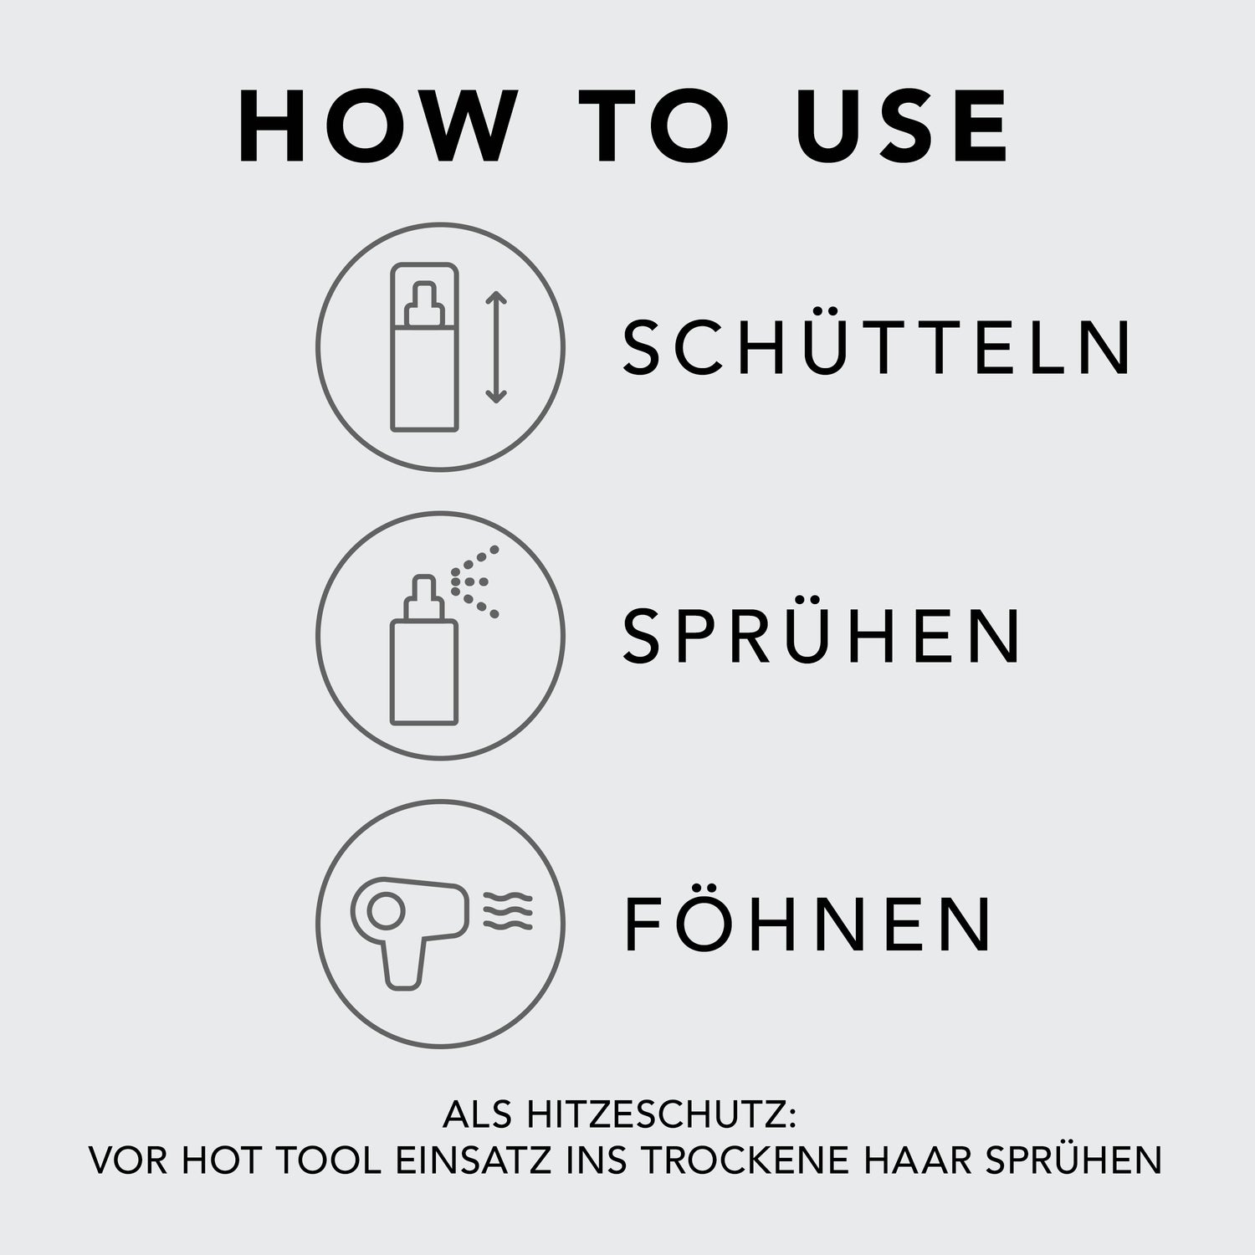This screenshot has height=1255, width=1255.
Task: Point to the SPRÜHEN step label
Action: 822,634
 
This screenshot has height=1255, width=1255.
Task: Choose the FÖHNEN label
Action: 809,923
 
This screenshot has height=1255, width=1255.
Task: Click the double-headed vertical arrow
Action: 496,347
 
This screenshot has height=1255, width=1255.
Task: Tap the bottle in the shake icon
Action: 425,348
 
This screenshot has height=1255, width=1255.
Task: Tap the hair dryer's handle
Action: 403,964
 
